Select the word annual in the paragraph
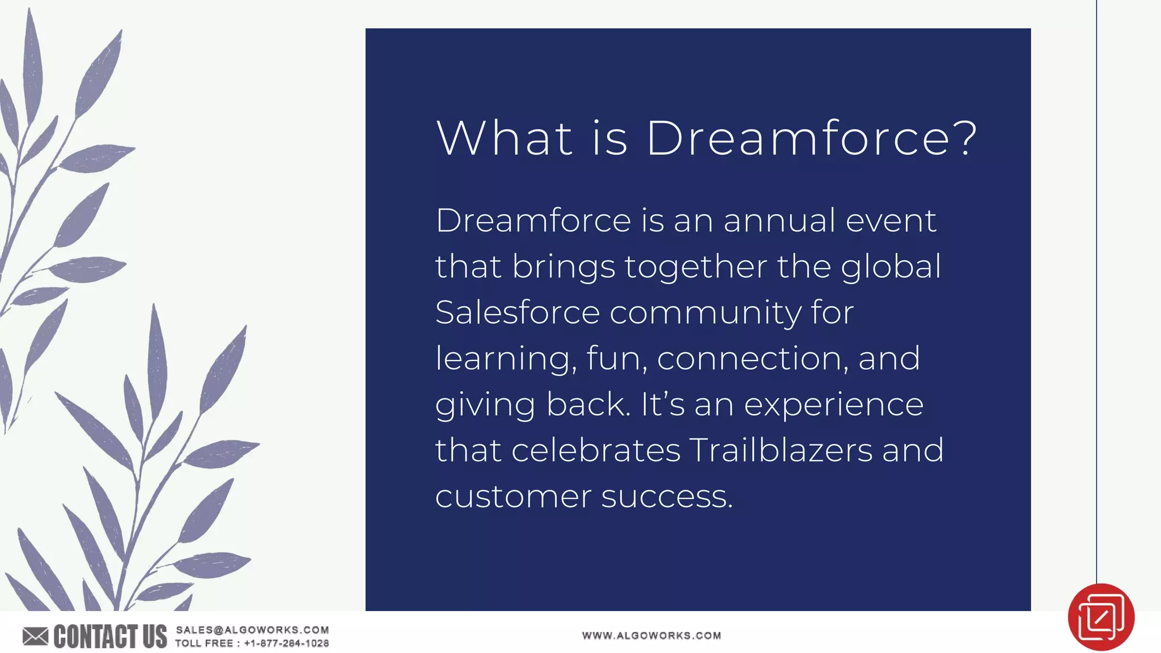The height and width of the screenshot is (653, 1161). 779,221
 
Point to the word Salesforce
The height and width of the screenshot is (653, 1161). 517,312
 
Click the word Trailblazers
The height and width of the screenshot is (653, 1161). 781,451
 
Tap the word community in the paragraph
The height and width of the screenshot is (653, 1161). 705,313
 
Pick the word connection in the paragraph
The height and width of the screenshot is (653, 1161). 752,359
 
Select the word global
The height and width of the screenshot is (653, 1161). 891,267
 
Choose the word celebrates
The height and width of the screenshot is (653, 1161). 595,451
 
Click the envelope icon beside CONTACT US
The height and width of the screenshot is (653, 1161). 35,637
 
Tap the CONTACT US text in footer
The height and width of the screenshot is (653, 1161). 110,637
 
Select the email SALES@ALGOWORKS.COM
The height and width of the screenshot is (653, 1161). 252,630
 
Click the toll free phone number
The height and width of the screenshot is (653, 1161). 286,643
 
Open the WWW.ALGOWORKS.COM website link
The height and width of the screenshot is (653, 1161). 651,635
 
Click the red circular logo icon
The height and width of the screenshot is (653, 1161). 1100,617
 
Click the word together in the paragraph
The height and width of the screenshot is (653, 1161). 696,267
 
